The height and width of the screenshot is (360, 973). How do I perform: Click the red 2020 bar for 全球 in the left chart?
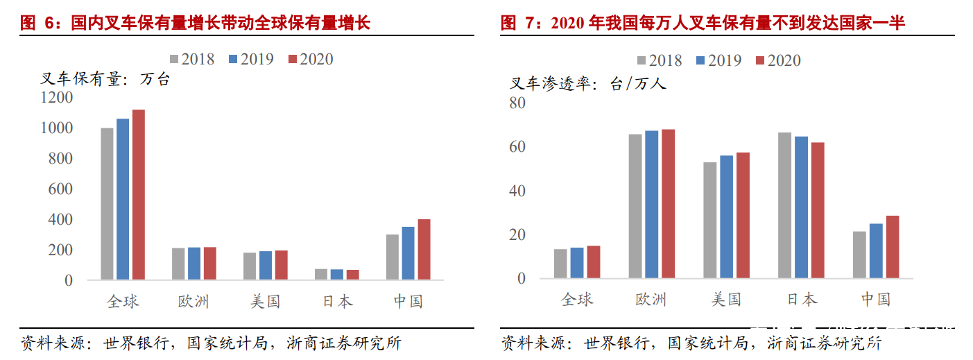(x=139, y=195)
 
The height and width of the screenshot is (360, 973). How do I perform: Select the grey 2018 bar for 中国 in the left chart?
(x=392, y=257)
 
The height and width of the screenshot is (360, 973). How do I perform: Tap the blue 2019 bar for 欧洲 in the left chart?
(x=193, y=264)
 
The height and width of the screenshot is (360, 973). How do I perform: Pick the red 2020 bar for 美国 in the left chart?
(x=281, y=265)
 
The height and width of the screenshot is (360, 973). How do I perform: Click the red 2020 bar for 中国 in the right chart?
(x=892, y=247)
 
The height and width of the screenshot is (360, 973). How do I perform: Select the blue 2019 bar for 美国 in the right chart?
(x=725, y=217)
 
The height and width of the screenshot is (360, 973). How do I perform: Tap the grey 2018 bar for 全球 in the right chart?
(x=560, y=264)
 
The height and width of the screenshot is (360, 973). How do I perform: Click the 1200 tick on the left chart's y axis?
(x=56, y=98)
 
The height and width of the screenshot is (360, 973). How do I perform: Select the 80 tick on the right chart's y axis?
(x=517, y=103)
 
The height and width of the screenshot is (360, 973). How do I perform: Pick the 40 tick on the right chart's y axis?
(x=517, y=191)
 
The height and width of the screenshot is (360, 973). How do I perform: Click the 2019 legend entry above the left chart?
(x=250, y=60)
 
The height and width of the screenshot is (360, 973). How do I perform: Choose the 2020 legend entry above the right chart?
(x=777, y=61)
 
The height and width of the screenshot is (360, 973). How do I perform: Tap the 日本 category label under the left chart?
(x=338, y=301)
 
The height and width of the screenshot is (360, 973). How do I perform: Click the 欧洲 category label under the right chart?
(x=651, y=300)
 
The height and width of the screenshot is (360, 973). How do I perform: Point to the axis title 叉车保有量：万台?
(x=105, y=80)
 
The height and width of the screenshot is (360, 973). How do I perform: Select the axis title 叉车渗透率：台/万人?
(x=588, y=84)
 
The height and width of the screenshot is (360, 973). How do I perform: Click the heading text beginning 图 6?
(x=196, y=24)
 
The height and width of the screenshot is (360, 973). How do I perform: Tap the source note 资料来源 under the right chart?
(x=691, y=343)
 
